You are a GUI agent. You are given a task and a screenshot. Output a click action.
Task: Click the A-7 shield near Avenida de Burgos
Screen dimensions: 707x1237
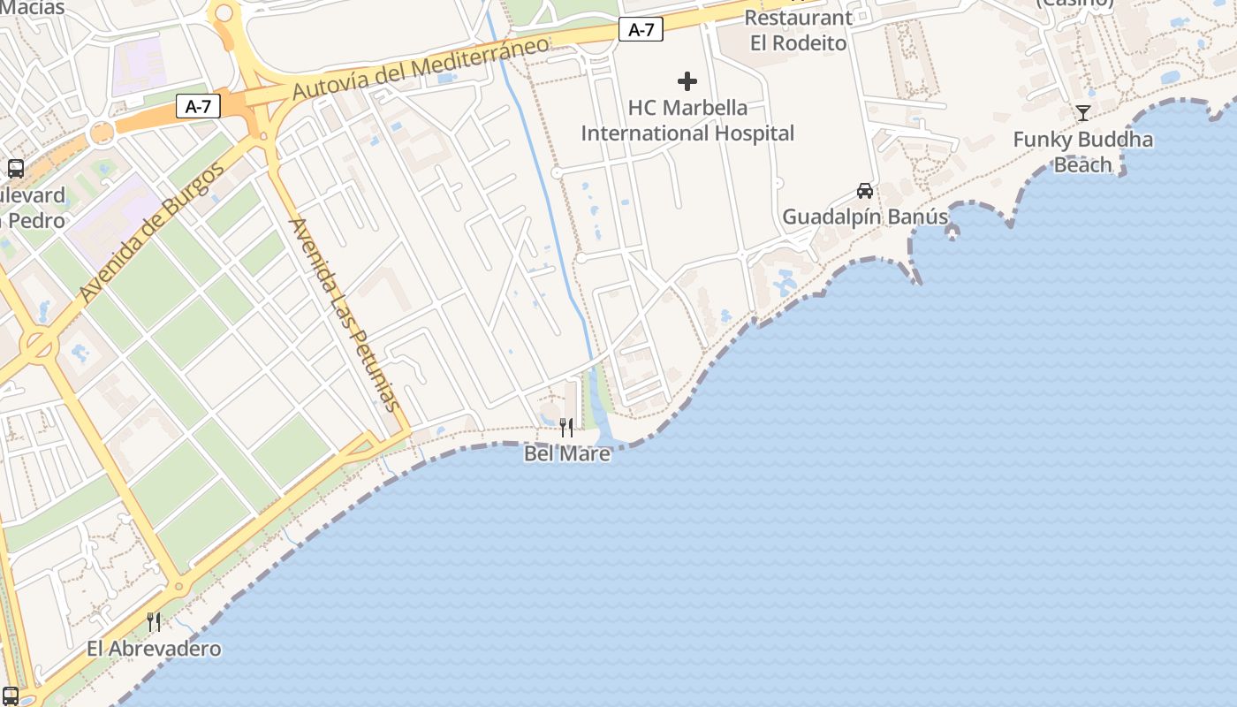click(198, 107)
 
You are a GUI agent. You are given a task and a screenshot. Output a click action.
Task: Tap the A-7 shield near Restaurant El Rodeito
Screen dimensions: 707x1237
click(641, 29)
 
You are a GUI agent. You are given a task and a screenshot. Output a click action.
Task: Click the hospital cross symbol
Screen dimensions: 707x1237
click(687, 82)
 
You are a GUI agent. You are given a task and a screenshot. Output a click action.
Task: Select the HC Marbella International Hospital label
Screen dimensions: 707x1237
click(687, 120)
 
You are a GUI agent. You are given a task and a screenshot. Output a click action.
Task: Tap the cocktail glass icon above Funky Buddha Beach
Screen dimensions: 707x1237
click(1083, 112)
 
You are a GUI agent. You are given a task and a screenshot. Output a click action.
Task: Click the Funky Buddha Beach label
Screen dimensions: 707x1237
click(1082, 152)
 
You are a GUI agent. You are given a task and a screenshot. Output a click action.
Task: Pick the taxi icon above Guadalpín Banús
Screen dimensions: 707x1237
click(865, 191)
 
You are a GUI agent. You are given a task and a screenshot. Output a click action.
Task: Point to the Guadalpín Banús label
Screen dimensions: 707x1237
click(865, 217)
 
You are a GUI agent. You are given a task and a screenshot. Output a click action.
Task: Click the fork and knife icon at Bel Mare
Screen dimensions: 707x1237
click(566, 428)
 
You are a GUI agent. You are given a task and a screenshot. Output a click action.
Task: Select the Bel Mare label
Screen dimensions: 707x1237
click(566, 453)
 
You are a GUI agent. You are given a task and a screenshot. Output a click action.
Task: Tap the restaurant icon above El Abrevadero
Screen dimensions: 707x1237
click(154, 622)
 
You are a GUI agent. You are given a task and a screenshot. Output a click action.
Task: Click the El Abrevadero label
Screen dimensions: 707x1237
click(154, 649)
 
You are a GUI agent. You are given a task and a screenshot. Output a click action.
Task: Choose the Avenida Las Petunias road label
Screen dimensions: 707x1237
click(344, 314)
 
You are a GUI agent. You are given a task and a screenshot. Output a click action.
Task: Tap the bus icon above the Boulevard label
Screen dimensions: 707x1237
click(15, 168)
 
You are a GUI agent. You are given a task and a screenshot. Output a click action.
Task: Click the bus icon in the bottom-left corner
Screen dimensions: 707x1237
click(11, 696)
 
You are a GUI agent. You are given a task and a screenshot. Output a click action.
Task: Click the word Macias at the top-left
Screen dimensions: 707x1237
click(33, 8)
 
